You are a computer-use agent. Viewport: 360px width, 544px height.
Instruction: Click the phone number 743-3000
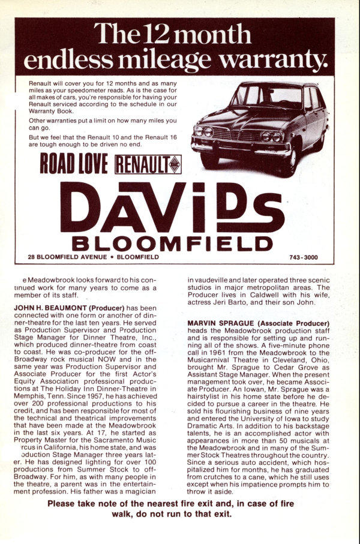tap(303, 258)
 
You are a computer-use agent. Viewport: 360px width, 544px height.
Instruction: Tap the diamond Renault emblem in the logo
tap(174, 164)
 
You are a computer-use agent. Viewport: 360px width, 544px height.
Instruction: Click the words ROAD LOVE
tap(74, 164)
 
